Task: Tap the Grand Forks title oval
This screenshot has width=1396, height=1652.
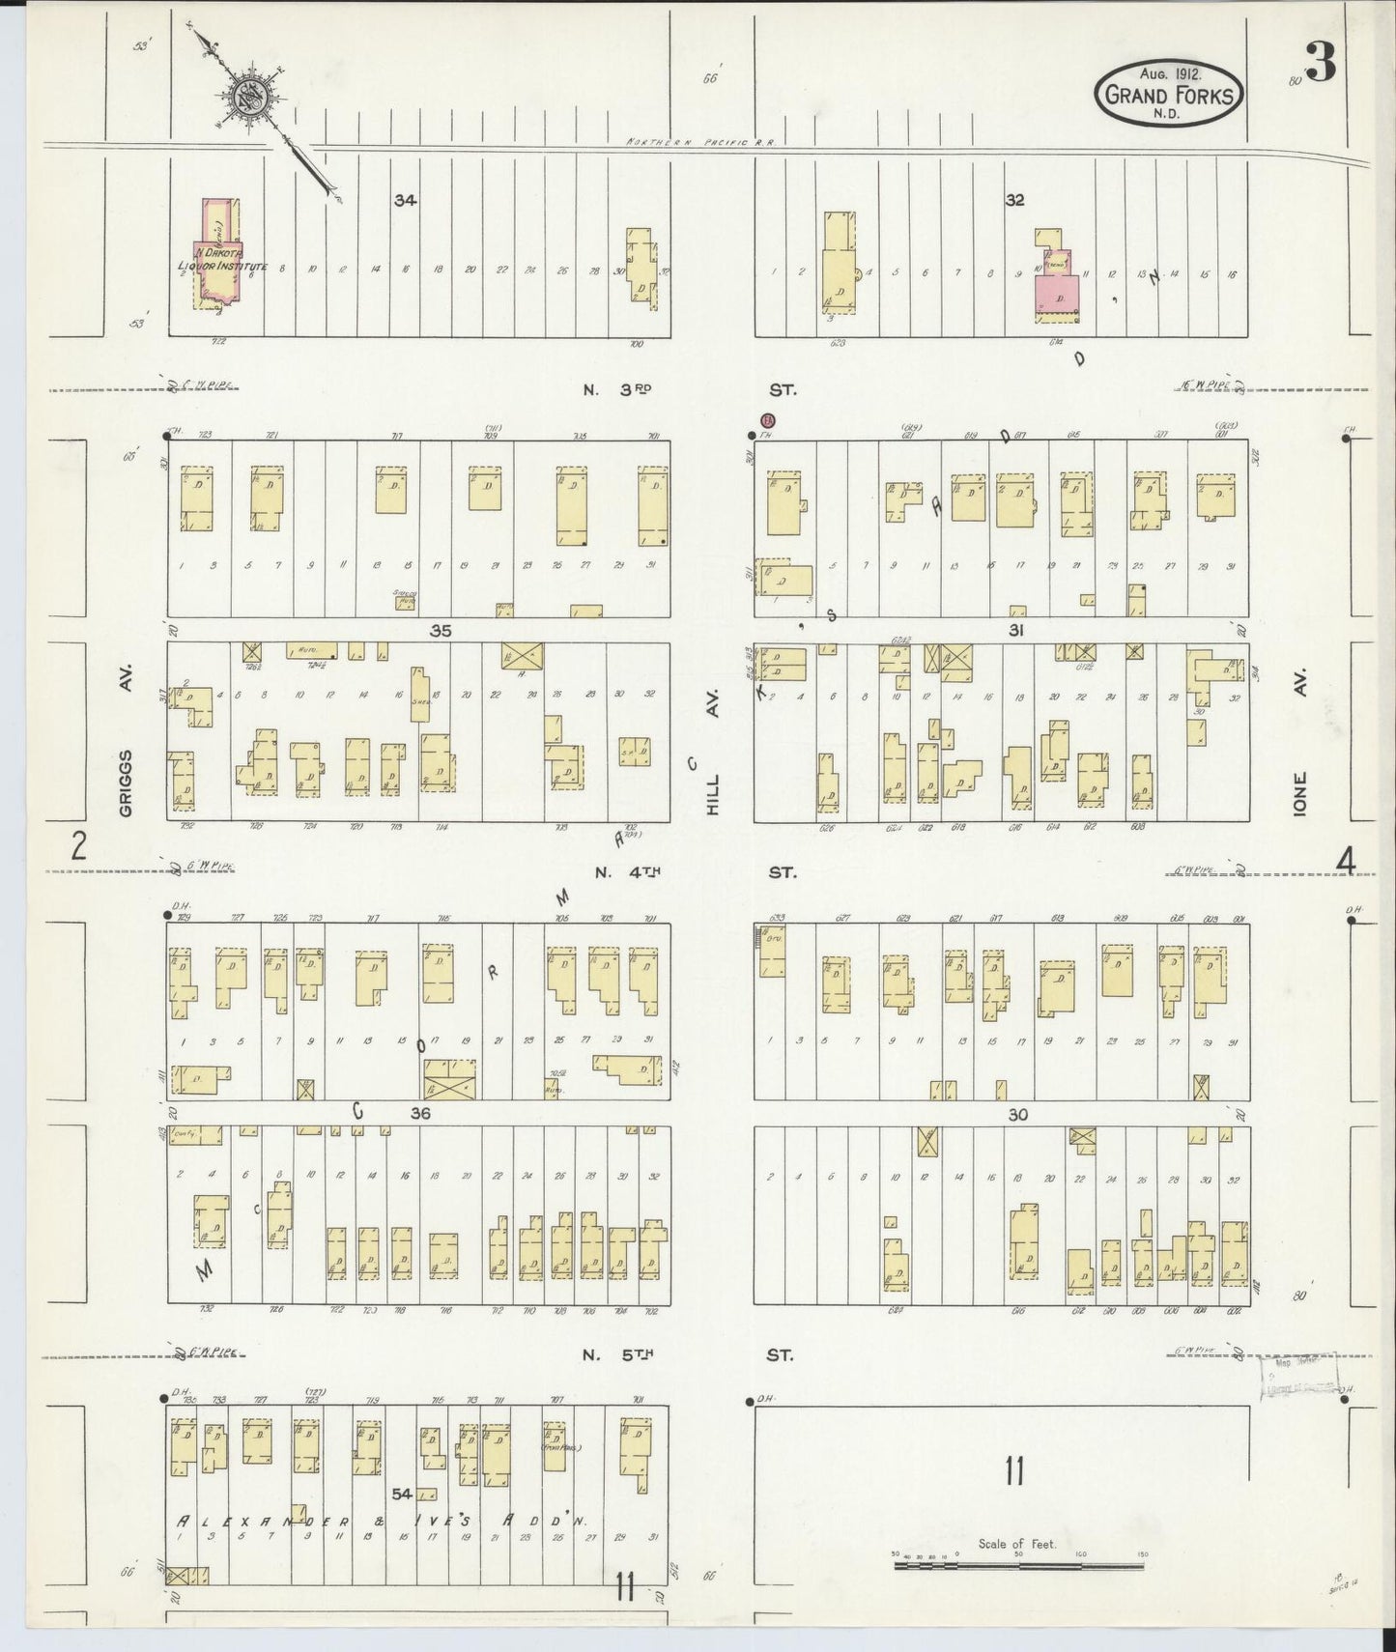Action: tap(1169, 94)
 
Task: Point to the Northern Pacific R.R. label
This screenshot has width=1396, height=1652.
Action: tap(701, 142)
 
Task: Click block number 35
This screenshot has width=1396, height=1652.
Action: tap(441, 631)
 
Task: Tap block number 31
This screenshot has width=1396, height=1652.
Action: tap(1015, 631)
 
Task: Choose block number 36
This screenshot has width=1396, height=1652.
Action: tap(419, 1113)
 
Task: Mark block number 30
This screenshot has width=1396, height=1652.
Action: tap(1017, 1114)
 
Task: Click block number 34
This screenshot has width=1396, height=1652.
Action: tap(405, 201)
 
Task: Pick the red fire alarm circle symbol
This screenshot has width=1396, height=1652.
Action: tap(768, 420)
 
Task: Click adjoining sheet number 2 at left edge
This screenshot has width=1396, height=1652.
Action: tap(78, 847)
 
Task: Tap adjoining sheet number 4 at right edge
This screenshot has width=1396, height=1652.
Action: tap(1346, 858)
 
